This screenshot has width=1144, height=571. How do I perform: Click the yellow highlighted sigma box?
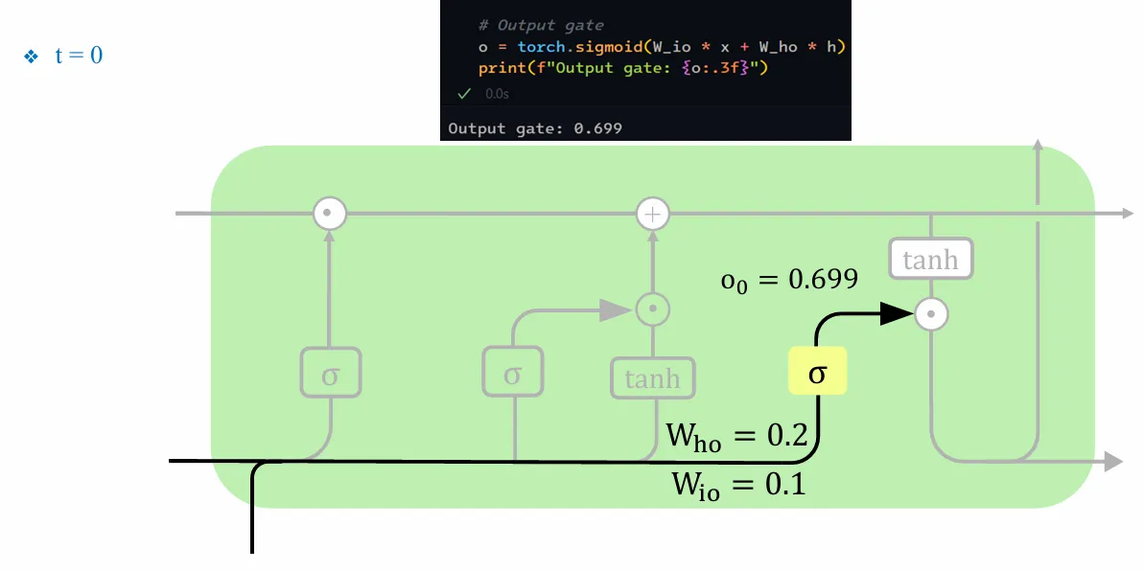[817, 371]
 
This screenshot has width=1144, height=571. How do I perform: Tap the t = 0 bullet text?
[78, 56]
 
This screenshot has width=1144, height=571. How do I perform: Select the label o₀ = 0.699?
[788, 280]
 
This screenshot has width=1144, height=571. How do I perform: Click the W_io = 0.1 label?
[738, 484]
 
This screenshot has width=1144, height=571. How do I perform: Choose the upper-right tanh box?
[930, 260]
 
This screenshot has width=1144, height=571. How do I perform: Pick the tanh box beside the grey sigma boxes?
[653, 378]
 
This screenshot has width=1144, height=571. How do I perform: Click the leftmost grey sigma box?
[330, 373]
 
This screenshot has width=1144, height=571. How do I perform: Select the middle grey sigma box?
[512, 373]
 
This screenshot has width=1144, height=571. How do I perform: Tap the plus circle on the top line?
[653, 214]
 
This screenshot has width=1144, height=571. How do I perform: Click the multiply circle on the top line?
[330, 214]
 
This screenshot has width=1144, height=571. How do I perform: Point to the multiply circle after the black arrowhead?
[931, 312]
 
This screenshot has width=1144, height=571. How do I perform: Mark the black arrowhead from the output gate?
[896, 312]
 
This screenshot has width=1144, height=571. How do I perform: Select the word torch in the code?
[542, 47]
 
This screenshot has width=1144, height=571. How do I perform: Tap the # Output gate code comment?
[541, 25]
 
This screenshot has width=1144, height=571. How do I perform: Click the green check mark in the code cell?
[464, 93]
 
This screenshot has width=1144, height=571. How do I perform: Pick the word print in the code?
[501, 68]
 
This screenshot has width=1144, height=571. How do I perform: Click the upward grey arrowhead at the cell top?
[1038, 146]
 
